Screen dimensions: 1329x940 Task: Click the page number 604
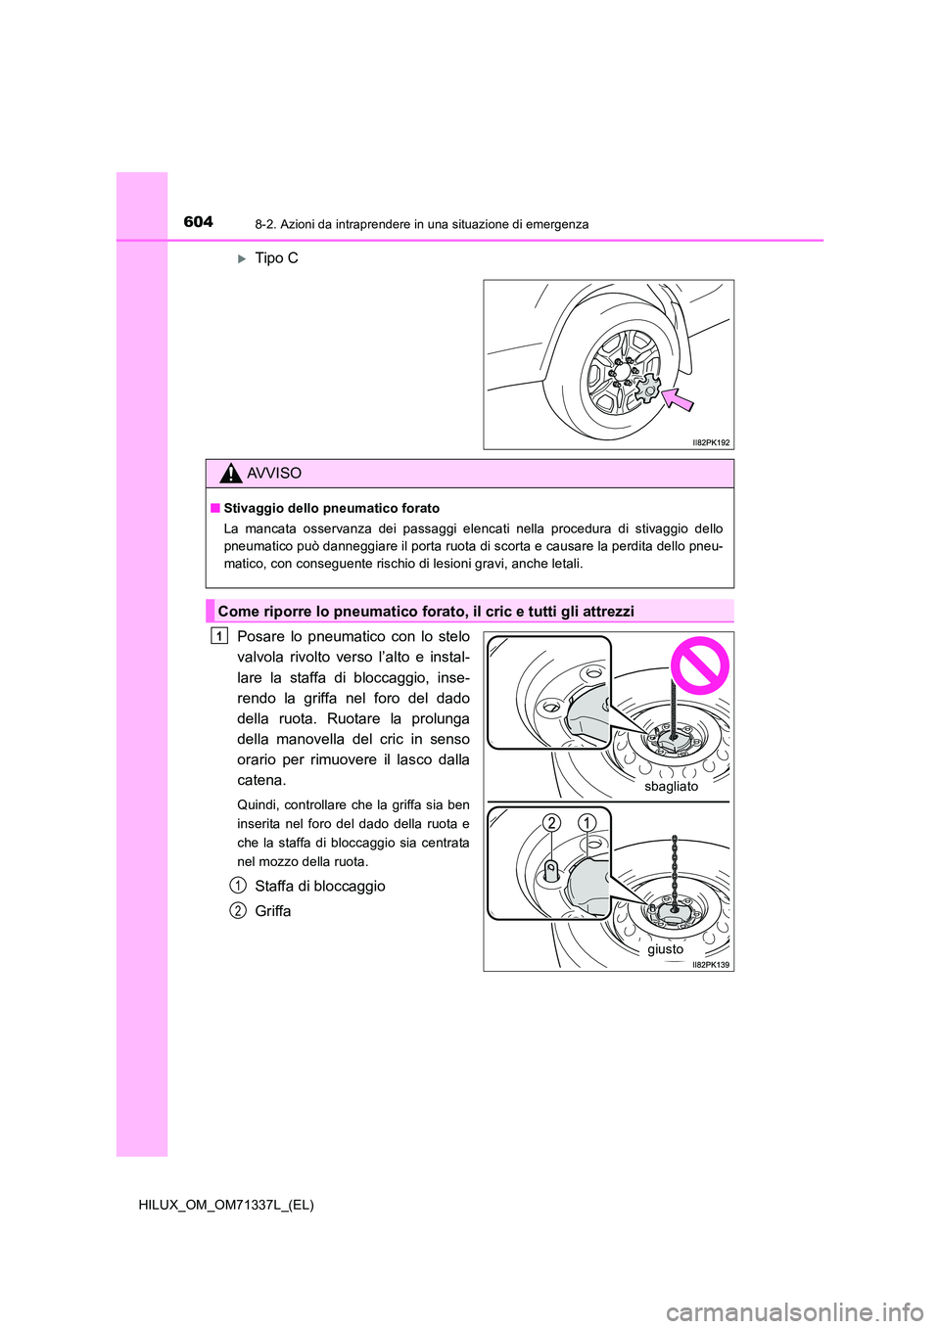[x=198, y=222]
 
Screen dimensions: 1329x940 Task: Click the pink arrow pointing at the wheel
[x=677, y=398]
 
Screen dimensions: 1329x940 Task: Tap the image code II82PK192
[x=711, y=442]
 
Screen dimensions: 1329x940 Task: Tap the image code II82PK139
[x=711, y=964]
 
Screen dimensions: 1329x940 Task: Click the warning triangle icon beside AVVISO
[x=230, y=474]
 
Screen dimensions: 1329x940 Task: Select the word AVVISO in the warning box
[x=274, y=474]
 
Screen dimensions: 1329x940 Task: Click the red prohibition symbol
[x=699, y=665]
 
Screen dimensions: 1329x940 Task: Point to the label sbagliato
[x=672, y=786]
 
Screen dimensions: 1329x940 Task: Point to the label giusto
[x=665, y=948]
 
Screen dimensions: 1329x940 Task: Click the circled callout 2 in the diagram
[x=552, y=822]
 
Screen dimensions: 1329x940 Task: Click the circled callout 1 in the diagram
[x=586, y=822]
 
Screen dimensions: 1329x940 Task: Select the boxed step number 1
[x=219, y=636]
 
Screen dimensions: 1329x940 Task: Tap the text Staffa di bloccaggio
[x=319, y=886]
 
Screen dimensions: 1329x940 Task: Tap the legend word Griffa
[x=272, y=910]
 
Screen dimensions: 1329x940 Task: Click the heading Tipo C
[x=276, y=258]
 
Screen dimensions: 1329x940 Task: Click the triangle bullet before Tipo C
[x=242, y=259]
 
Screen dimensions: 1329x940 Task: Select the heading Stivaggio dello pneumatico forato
[x=331, y=508]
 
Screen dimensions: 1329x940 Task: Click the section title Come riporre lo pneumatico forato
[x=425, y=611]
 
